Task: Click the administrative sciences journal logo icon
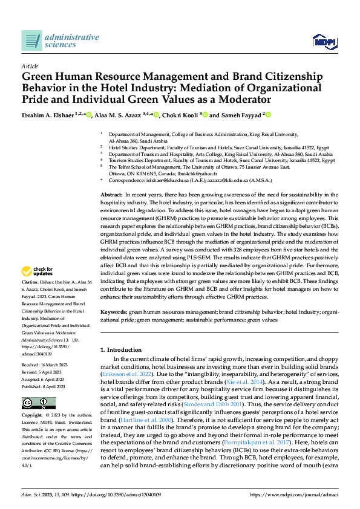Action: [x=31, y=41]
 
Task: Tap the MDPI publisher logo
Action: [x=324, y=41]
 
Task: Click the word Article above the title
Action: [x=29, y=66]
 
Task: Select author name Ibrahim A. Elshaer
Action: [x=47, y=115]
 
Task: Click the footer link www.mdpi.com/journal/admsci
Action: [x=293, y=495]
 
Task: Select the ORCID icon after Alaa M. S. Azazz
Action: [x=156, y=115]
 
